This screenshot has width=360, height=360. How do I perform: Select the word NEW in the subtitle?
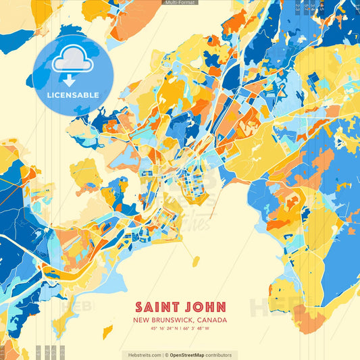click(x=141, y=320)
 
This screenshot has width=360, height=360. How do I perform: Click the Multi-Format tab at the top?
click(x=180, y=3)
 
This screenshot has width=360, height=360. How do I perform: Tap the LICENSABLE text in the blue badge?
click(x=73, y=95)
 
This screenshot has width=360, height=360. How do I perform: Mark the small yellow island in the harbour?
click(x=195, y=261)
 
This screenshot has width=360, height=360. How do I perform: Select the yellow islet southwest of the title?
click(x=107, y=332)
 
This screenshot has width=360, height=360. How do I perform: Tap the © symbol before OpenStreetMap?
click(x=165, y=355)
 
